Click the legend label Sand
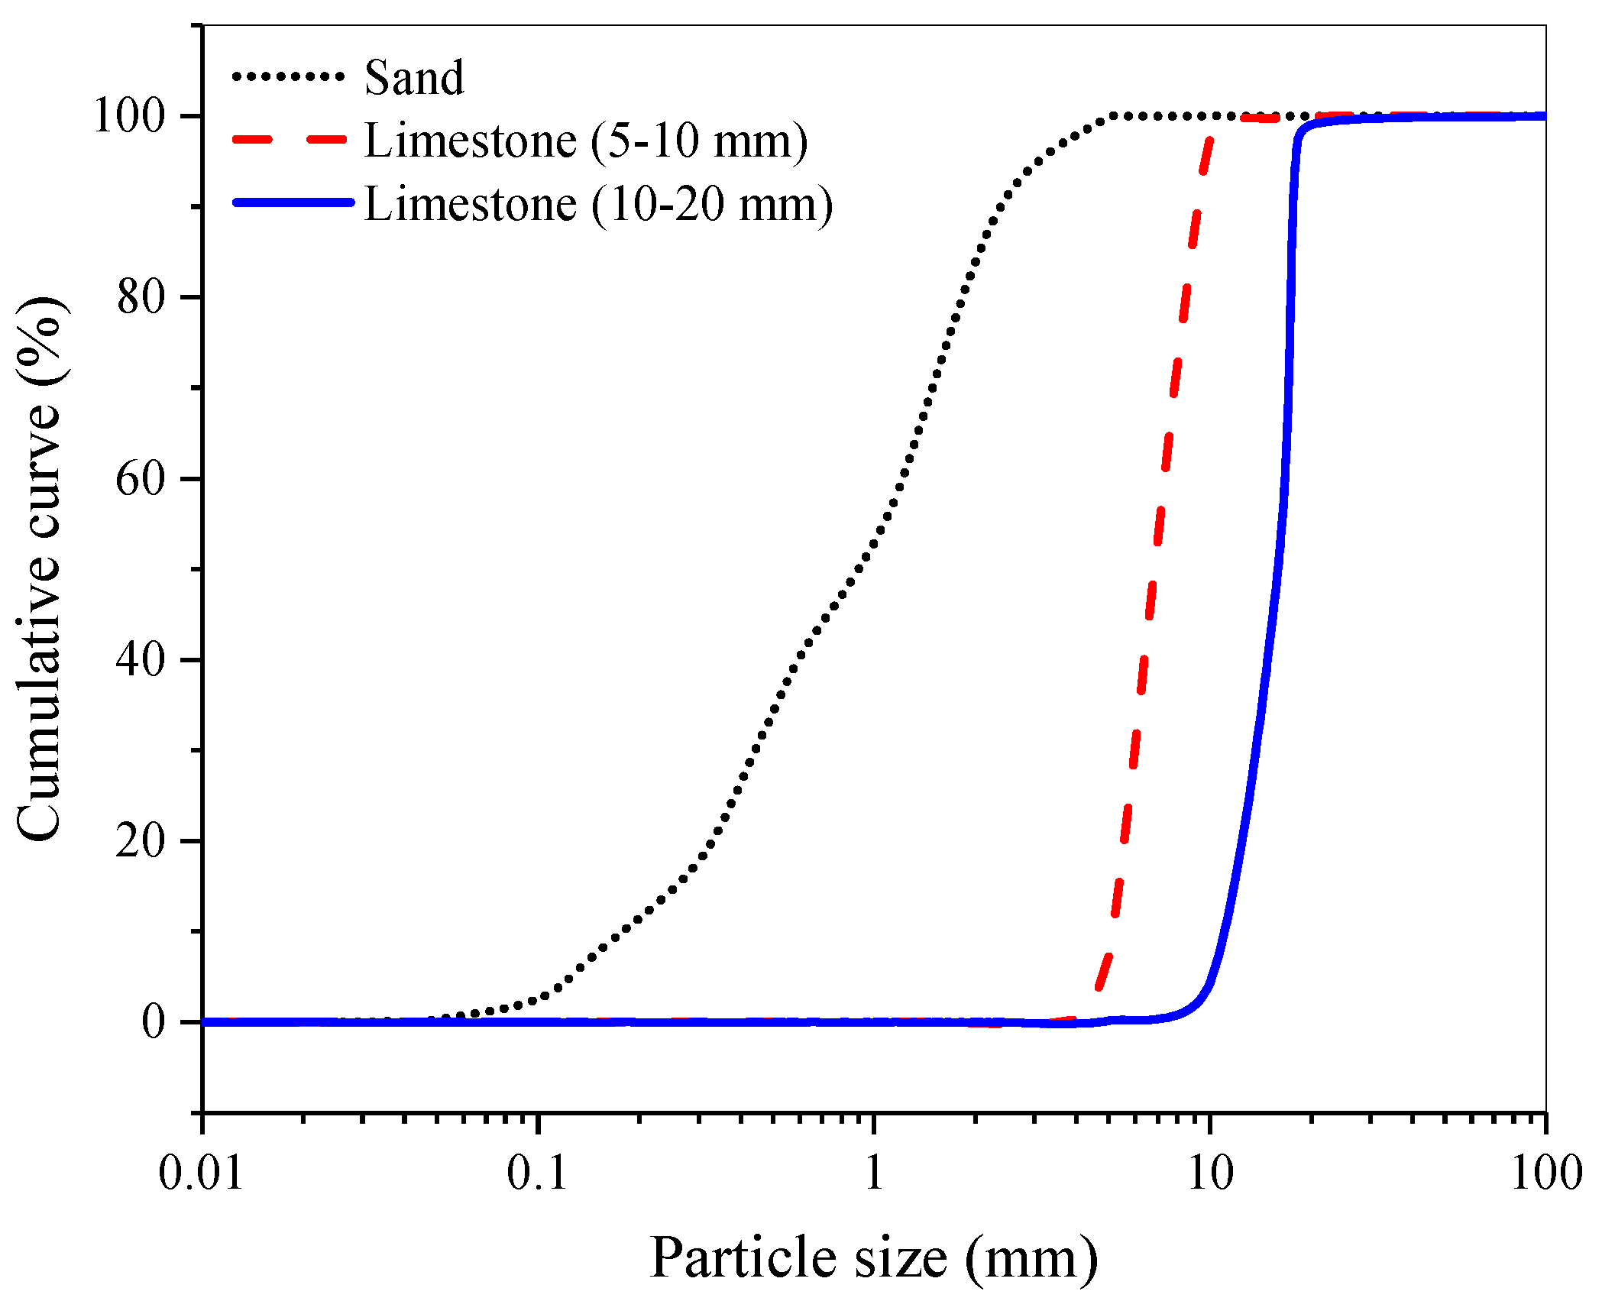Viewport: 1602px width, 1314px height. (x=414, y=78)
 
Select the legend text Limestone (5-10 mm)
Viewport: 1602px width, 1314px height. (x=586, y=141)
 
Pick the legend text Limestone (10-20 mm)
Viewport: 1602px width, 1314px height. (x=598, y=205)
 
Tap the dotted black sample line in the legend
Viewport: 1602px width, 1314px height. (x=289, y=76)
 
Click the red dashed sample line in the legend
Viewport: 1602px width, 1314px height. (x=289, y=140)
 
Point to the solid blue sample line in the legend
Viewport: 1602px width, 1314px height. (x=293, y=202)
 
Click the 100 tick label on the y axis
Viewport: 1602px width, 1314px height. (x=129, y=116)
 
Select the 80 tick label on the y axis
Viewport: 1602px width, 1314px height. (x=141, y=297)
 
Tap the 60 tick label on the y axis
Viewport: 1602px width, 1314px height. (x=141, y=479)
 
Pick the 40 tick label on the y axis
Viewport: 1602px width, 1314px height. (x=141, y=659)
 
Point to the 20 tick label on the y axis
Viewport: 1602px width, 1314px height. (x=141, y=841)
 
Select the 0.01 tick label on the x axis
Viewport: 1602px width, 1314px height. (x=202, y=1173)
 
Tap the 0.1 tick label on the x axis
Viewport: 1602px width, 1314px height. (x=538, y=1173)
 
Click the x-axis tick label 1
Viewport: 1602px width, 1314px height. (x=874, y=1173)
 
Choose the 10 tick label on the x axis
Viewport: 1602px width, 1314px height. (x=1210, y=1173)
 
